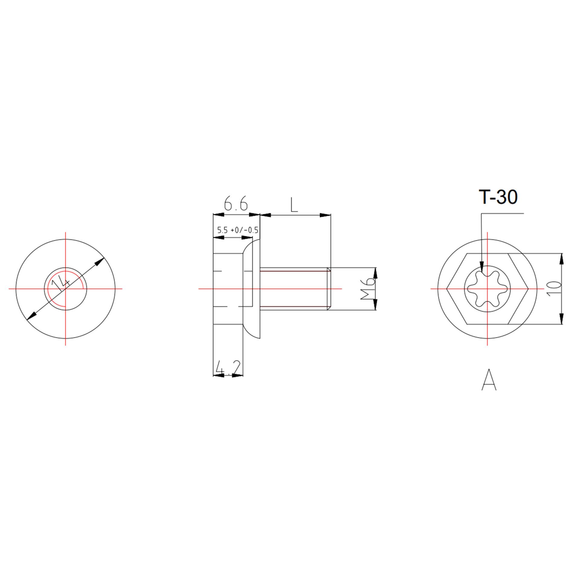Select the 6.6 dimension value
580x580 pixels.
pos(236,204)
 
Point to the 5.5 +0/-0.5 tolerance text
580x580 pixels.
pos(238,230)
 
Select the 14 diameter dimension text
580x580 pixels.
pos(60,284)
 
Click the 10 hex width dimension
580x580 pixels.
pos(553,288)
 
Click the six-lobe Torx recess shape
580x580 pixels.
pos(487,288)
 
